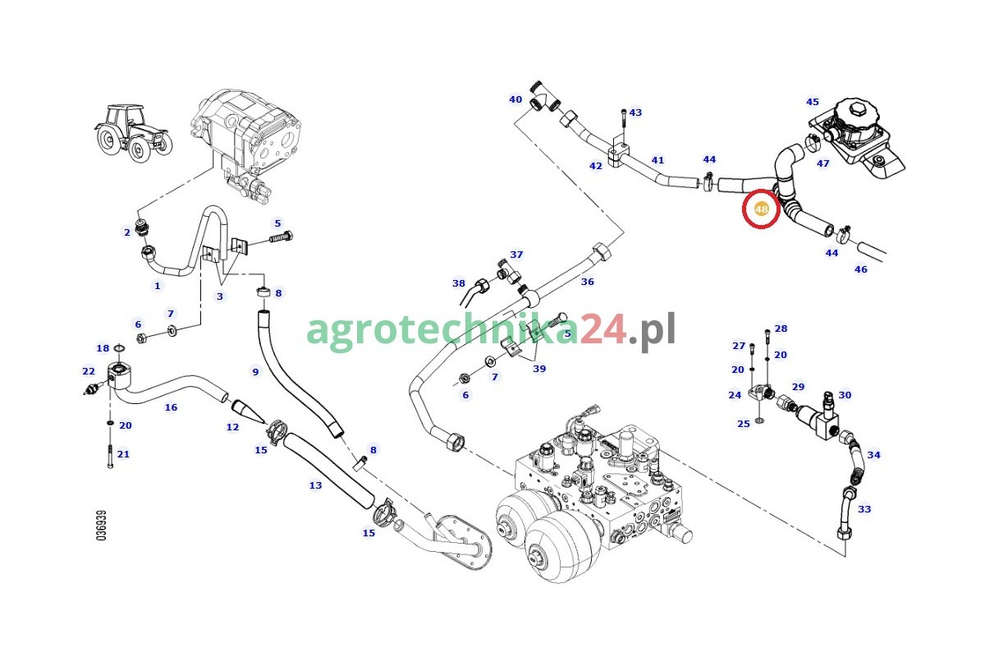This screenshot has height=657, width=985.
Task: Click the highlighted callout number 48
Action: tap(761, 209)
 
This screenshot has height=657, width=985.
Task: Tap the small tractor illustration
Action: tap(133, 133)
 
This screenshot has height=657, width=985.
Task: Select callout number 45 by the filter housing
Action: tap(812, 102)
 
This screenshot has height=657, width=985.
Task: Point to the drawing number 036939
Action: tap(102, 525)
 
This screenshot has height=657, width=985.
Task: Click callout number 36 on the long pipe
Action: tap(588, 282)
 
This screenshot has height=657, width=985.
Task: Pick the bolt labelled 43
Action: tap(624, 126)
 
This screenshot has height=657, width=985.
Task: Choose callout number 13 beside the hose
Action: tap(315, 485)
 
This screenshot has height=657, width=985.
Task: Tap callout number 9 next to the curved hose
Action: tap(255, 372)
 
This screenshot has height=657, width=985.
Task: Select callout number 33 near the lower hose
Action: tap(864, 509)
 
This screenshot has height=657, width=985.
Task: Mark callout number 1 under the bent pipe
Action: tap(157, 286)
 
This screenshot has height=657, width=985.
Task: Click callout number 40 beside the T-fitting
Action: tap(515, 99)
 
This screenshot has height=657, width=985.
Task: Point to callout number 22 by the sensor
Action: tap(89, 371)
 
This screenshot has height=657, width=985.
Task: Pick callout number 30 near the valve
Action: tap(845, 395)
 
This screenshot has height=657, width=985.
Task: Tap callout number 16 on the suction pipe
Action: tap(171, 407)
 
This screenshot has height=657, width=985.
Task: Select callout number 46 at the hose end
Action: tap(860, 269)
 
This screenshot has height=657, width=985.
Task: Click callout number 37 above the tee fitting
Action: tap(516, 255)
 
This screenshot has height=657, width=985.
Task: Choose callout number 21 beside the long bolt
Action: tap(123, 454)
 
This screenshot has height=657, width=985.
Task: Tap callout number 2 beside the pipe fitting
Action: tap(127, 232)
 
